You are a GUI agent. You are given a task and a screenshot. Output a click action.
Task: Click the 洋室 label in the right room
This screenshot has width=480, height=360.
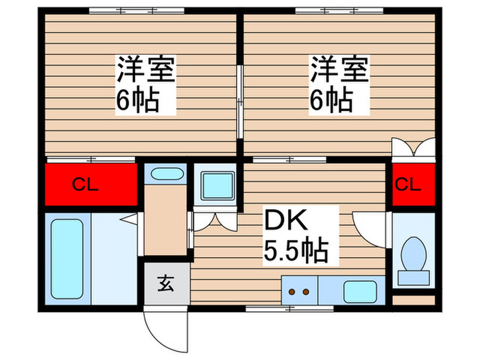339,70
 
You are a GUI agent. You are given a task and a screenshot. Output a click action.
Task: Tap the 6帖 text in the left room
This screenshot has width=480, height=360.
138,101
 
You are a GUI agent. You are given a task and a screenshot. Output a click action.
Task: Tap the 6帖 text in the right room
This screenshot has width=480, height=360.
331,101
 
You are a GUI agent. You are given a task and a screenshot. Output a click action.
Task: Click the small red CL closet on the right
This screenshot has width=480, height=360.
414,184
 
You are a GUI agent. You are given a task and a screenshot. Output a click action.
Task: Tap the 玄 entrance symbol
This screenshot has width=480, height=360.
167,282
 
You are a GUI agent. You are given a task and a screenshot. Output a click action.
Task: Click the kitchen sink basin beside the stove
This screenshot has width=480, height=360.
357,291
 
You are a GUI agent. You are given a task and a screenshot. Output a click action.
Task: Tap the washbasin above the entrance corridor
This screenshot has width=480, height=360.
165,174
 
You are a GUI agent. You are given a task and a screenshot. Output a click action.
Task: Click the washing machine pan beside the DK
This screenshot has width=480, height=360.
216,184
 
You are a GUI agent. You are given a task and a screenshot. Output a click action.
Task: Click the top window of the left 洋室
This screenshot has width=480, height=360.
136,10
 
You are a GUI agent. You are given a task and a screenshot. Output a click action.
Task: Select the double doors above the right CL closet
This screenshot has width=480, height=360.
413,149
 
